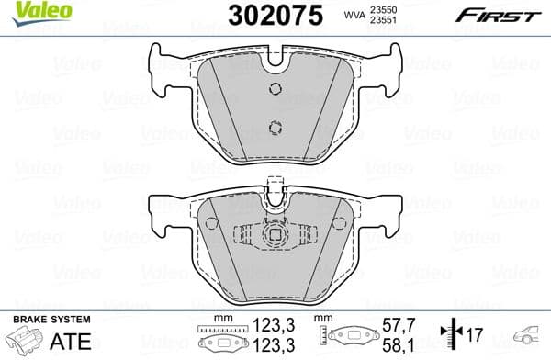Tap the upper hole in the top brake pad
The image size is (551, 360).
coord(274,88)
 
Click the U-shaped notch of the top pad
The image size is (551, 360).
coord(274,62)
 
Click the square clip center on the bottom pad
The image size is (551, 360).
coord(274,235)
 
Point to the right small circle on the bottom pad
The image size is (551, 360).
coord(337,223)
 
